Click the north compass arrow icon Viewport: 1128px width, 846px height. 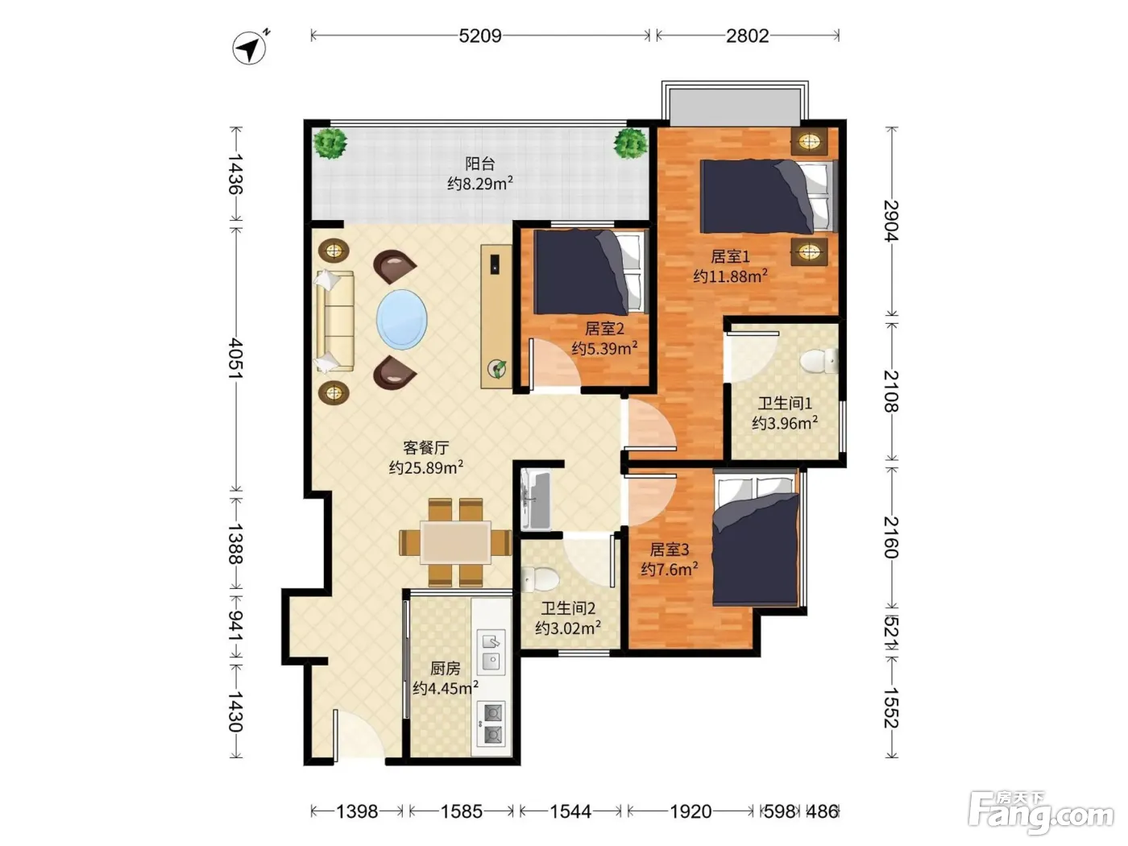[250, 48]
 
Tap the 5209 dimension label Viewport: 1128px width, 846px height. [479, 36]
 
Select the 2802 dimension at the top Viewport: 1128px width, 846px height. [747, 36]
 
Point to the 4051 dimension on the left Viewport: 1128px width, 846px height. [236, 358]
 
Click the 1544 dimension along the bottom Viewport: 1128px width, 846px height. [570, 811]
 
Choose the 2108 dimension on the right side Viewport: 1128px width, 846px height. [892, 391]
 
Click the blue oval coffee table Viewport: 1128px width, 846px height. [401, 320]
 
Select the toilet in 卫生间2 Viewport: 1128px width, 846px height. [540, 579]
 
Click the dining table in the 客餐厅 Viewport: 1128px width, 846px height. [455, 542]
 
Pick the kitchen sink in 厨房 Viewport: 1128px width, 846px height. [491, 652]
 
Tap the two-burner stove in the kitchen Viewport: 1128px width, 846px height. [491, 724]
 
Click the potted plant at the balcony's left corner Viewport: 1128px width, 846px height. [330, 143]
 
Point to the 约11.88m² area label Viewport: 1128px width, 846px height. [730, 276]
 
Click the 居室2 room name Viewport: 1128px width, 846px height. [604, 328]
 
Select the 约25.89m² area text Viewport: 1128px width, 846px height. [426, 467]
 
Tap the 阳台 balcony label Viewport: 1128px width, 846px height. [480, 164]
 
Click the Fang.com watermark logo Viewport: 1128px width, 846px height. [1041, 812]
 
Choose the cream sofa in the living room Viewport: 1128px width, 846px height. [335, 321]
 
